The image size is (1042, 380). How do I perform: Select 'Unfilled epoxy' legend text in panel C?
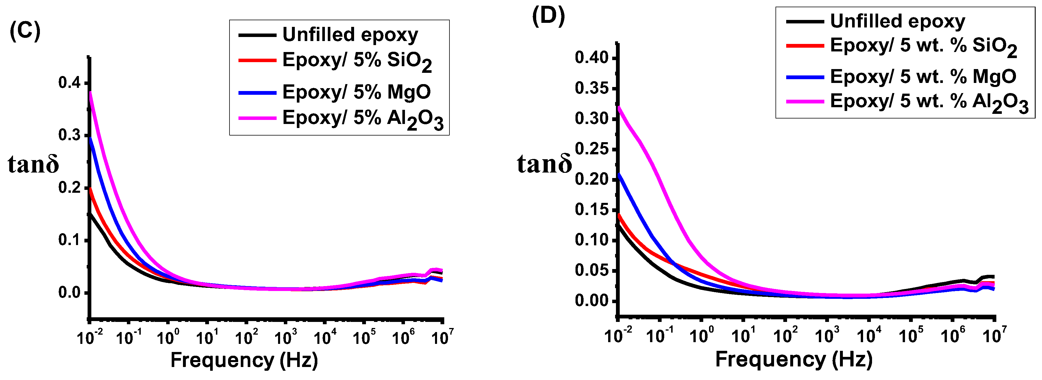point(350,35)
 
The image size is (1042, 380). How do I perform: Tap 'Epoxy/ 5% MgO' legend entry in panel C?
point(356,92)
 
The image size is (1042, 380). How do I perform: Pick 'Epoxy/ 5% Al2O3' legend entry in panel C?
point(362,118)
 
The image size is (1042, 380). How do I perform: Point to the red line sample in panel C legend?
point(257,61)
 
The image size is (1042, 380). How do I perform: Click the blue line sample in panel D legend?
point(805,77)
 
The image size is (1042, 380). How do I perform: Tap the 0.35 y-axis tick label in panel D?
point(592,88)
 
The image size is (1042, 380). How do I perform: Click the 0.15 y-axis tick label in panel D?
point(592,210)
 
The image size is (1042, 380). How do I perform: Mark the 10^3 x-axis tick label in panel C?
point(286,337)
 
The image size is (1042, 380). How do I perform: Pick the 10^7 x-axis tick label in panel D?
point(993,335)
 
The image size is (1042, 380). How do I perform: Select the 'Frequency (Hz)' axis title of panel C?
point(244,360)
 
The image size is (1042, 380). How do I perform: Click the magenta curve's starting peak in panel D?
point(619,107)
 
